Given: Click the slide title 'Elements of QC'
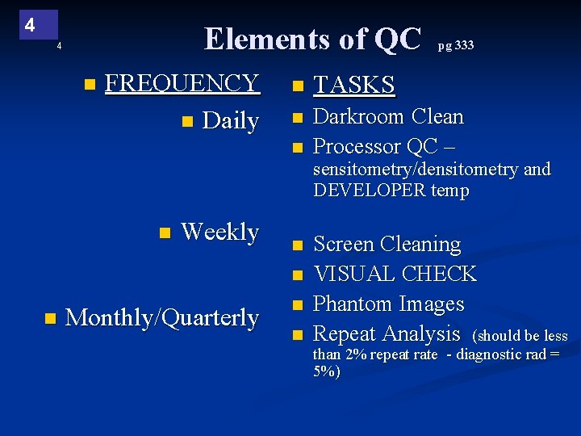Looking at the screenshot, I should click(312, 39).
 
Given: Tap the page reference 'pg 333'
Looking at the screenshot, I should click(456, 45).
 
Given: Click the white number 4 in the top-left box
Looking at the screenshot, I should click(29, 25).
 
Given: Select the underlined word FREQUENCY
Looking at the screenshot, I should click(182, 83).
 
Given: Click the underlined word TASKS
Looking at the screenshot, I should click(353, 85).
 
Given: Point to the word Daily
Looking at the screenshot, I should click(231, 121).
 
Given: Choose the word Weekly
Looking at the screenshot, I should click(219, 232).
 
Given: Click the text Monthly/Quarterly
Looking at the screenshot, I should click(161, 317).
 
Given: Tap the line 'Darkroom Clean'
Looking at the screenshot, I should click(388, 117).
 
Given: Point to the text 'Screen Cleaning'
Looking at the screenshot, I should click(387, 244).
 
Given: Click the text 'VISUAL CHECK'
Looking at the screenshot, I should click(395, 274).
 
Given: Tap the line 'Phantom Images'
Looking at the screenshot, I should click(388, 304).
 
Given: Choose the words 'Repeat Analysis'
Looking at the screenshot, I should click(386, 333).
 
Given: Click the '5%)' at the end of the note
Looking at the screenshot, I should click(327, 371).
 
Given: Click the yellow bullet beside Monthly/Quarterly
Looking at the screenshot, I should click(49, 318).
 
